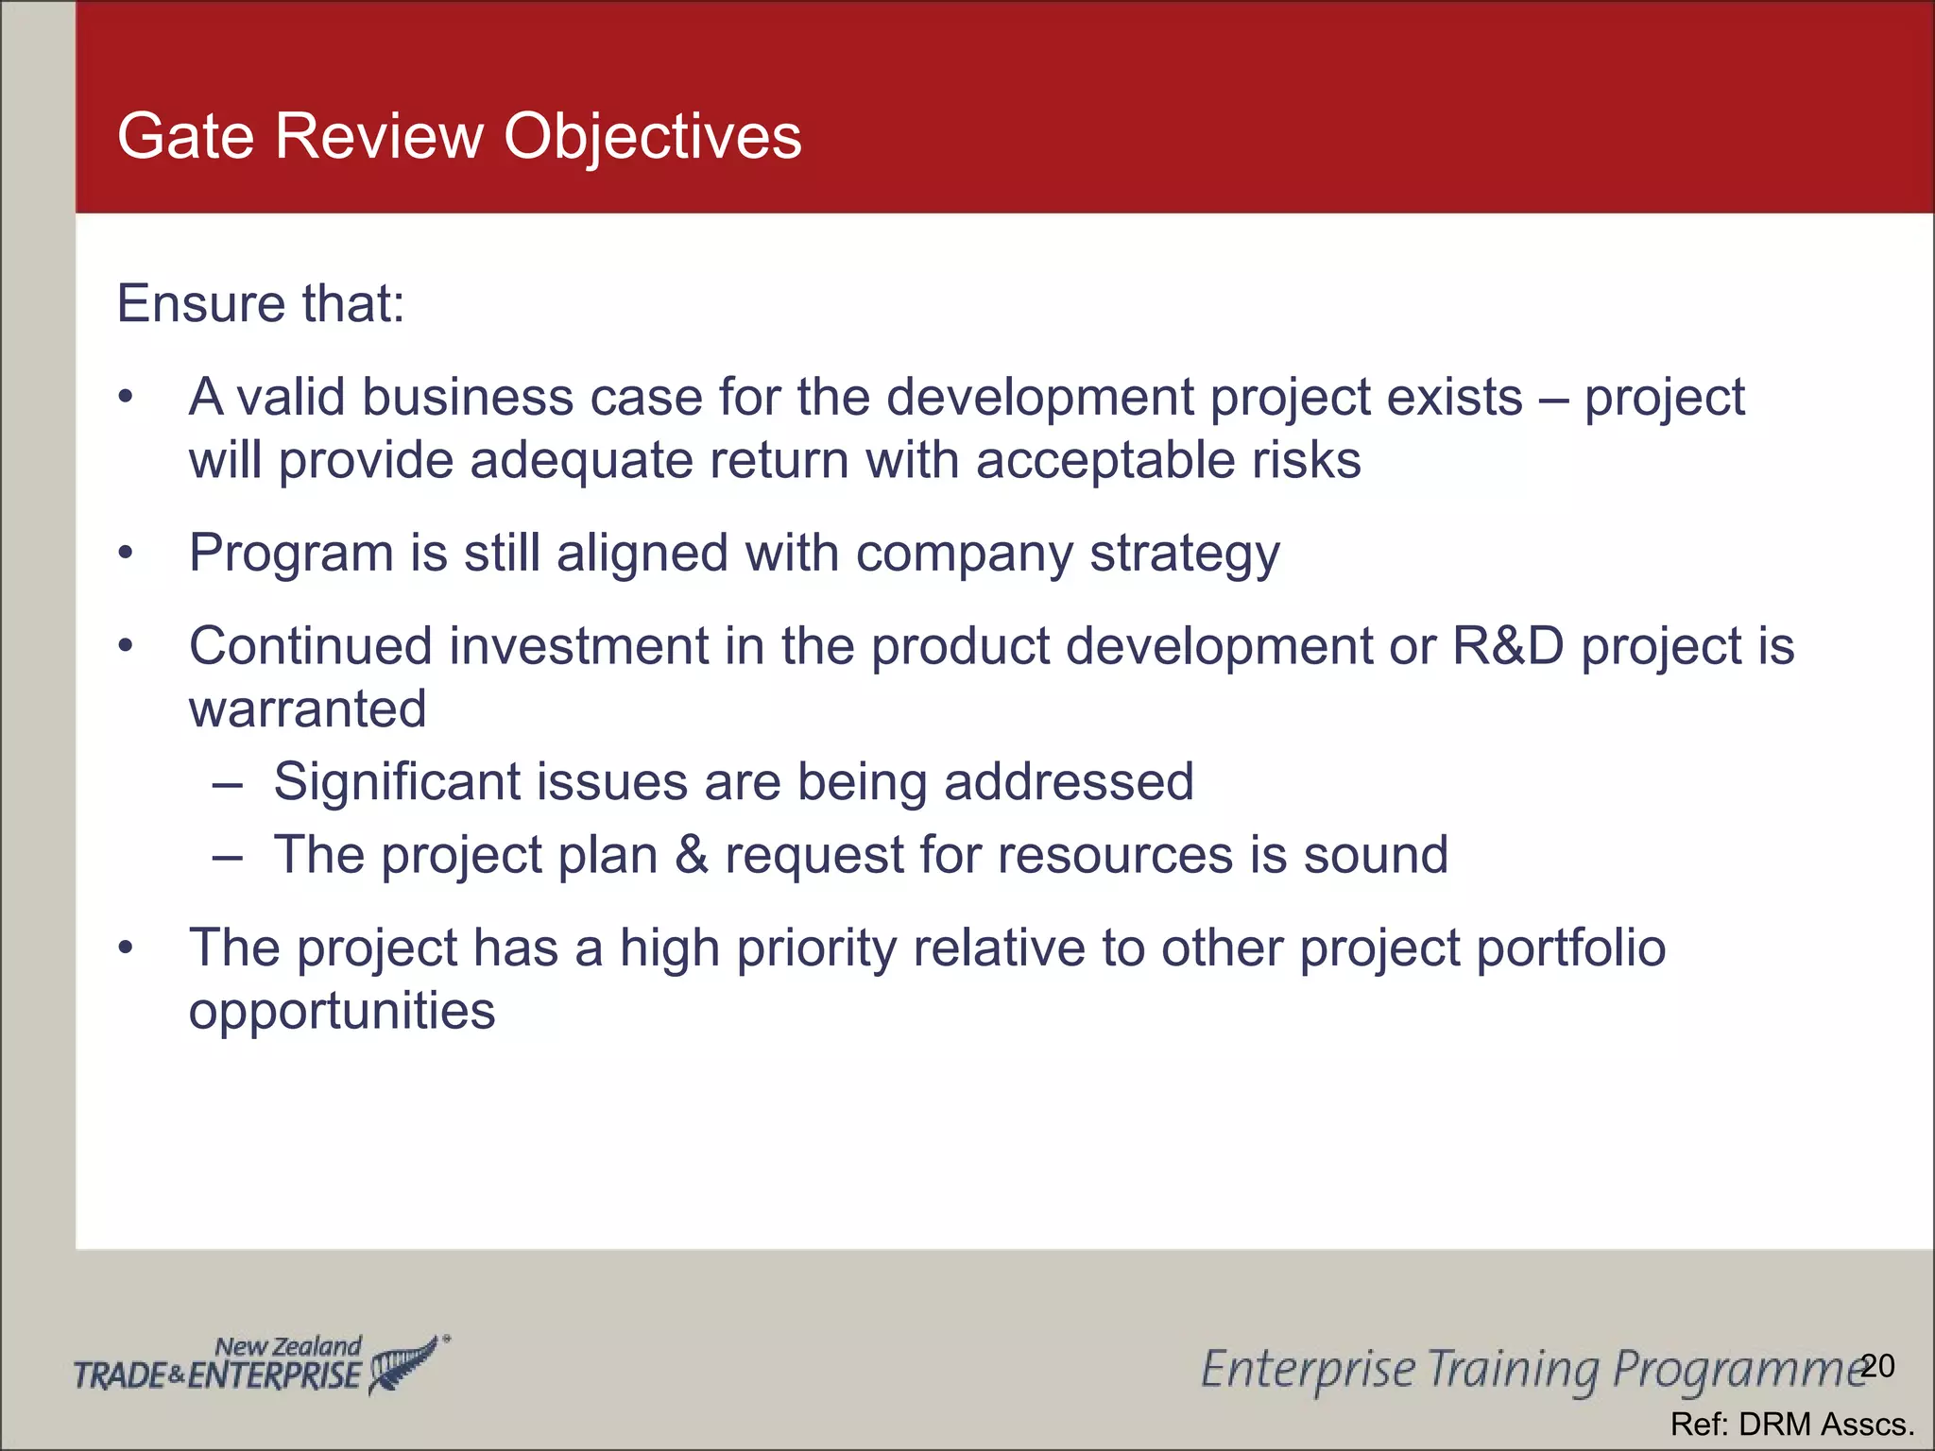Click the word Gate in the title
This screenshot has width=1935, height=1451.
185,136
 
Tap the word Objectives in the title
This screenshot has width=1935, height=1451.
652,138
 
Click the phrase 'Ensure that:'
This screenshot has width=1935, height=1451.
260,303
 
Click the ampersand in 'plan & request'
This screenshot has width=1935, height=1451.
692,855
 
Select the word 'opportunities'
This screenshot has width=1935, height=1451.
341,1011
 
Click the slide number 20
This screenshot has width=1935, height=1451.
1877,1366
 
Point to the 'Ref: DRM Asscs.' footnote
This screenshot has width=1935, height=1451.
1791,1424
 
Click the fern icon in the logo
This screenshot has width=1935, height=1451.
404,1364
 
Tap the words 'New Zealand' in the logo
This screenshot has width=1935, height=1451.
287,1346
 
